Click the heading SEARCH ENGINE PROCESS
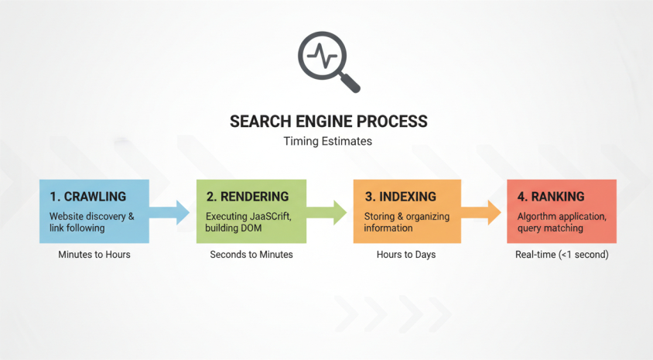[x=328, y=122]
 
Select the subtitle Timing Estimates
[x=328, y=142]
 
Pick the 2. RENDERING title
[x=247, y=197]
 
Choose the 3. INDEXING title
[x=400, y=197]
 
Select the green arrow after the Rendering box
[x=328, y=211]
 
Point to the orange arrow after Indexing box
[x=483, y=211]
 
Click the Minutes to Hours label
[x=94, y=254]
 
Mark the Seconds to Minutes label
[x=251, y=254]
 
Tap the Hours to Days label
[x=407, y=254]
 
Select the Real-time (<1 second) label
[x=562, y=254]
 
